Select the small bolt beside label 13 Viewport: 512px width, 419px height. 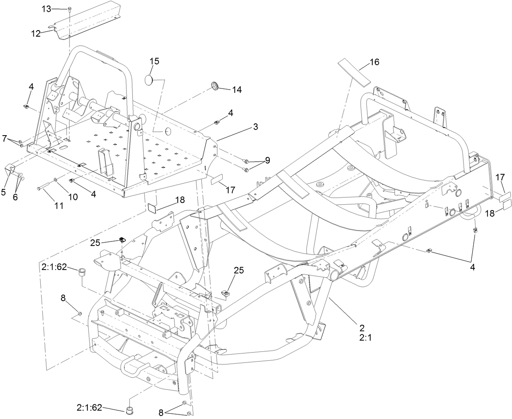coord(70,9)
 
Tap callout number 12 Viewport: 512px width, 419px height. coord(36,33)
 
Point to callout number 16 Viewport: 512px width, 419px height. coord(374,62)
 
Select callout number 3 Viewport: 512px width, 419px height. coord(255,127)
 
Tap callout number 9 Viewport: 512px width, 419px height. coord(267,160)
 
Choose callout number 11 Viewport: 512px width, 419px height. coord(59,206)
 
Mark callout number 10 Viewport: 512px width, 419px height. coord(72,197)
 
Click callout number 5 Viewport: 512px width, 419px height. coord(4,181)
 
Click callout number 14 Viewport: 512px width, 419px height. coord(236,90)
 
